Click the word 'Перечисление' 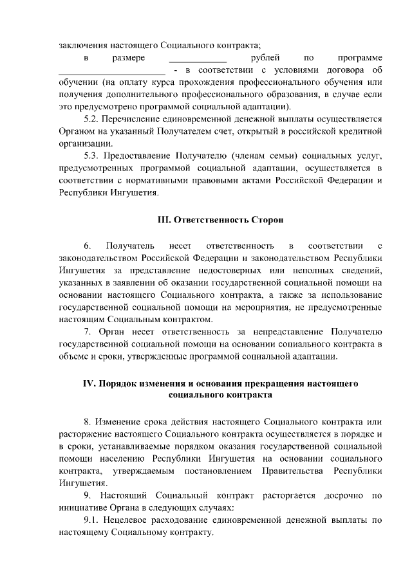click(x=134, y=119)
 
